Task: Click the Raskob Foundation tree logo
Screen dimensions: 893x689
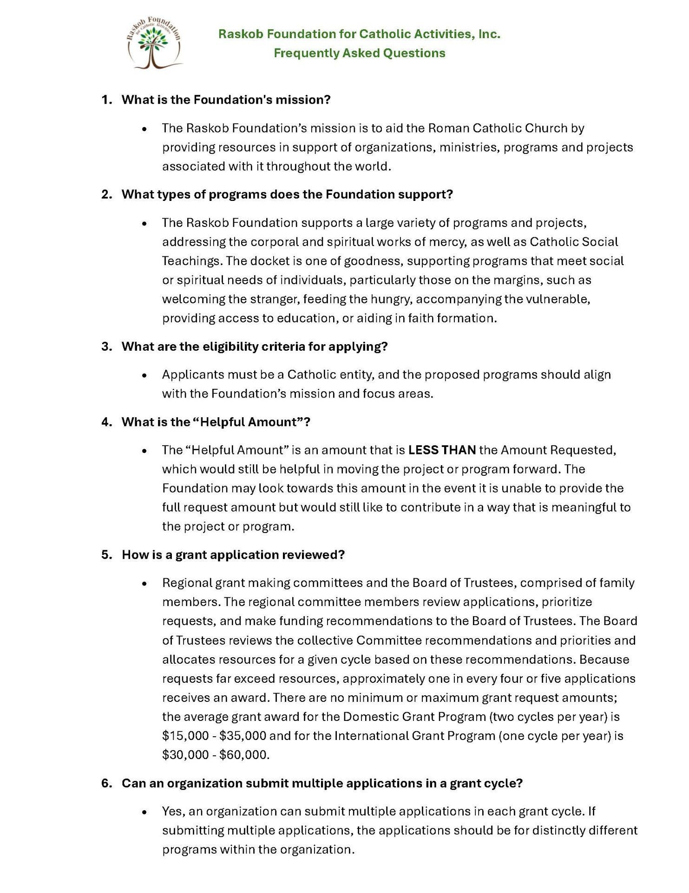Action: point(154,43)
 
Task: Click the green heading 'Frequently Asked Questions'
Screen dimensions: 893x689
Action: point(359,53)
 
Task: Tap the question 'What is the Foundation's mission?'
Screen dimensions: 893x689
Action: point(226,100)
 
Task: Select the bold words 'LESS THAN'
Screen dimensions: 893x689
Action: point(442,450)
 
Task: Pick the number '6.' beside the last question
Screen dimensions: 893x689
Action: point(106,783)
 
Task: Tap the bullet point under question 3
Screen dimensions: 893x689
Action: point(145,375)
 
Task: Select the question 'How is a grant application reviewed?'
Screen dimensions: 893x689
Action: point(233,554)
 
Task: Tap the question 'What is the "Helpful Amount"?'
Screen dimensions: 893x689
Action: point(216,422)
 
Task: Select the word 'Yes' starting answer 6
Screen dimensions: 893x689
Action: point(173,811)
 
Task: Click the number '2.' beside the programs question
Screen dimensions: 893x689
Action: point(106,194)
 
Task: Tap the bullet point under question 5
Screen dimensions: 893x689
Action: point(145,583)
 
